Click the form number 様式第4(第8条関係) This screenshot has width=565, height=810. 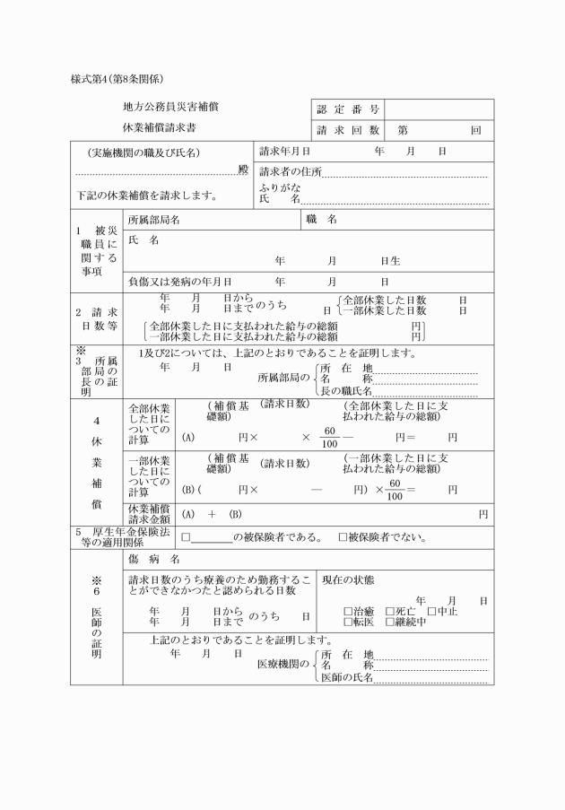click(x=116, y=78)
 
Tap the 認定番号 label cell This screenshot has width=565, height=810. click(x=348, y=109)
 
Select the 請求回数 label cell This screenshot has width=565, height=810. click(x=348, y=130)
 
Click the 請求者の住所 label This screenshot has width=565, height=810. click(x=290, y=171)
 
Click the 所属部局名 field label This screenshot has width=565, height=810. click(x=154, y=220)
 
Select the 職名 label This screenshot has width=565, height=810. click(x=321, y=220)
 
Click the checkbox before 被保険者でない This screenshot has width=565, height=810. click(x=343, y=538)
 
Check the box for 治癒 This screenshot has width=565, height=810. click(x=349, y=612)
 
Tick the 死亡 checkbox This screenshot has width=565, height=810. click(x=390, y=612)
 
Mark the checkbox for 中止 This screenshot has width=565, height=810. click(x=431, y=612)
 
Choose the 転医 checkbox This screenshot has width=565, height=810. click(x=349, y=622)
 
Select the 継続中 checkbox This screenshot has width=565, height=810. click(x=390, y=622)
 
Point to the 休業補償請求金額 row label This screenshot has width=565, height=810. click(x=149, y=513)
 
